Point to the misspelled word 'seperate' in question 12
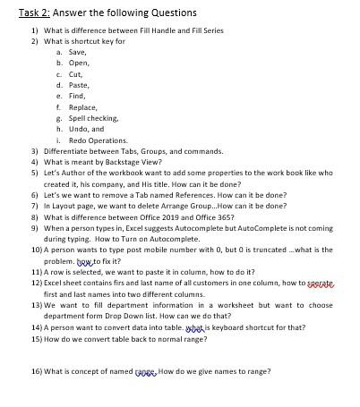click(320, 283)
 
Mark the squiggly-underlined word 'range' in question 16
click(145, 371)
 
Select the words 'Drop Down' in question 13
click(143, 316)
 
